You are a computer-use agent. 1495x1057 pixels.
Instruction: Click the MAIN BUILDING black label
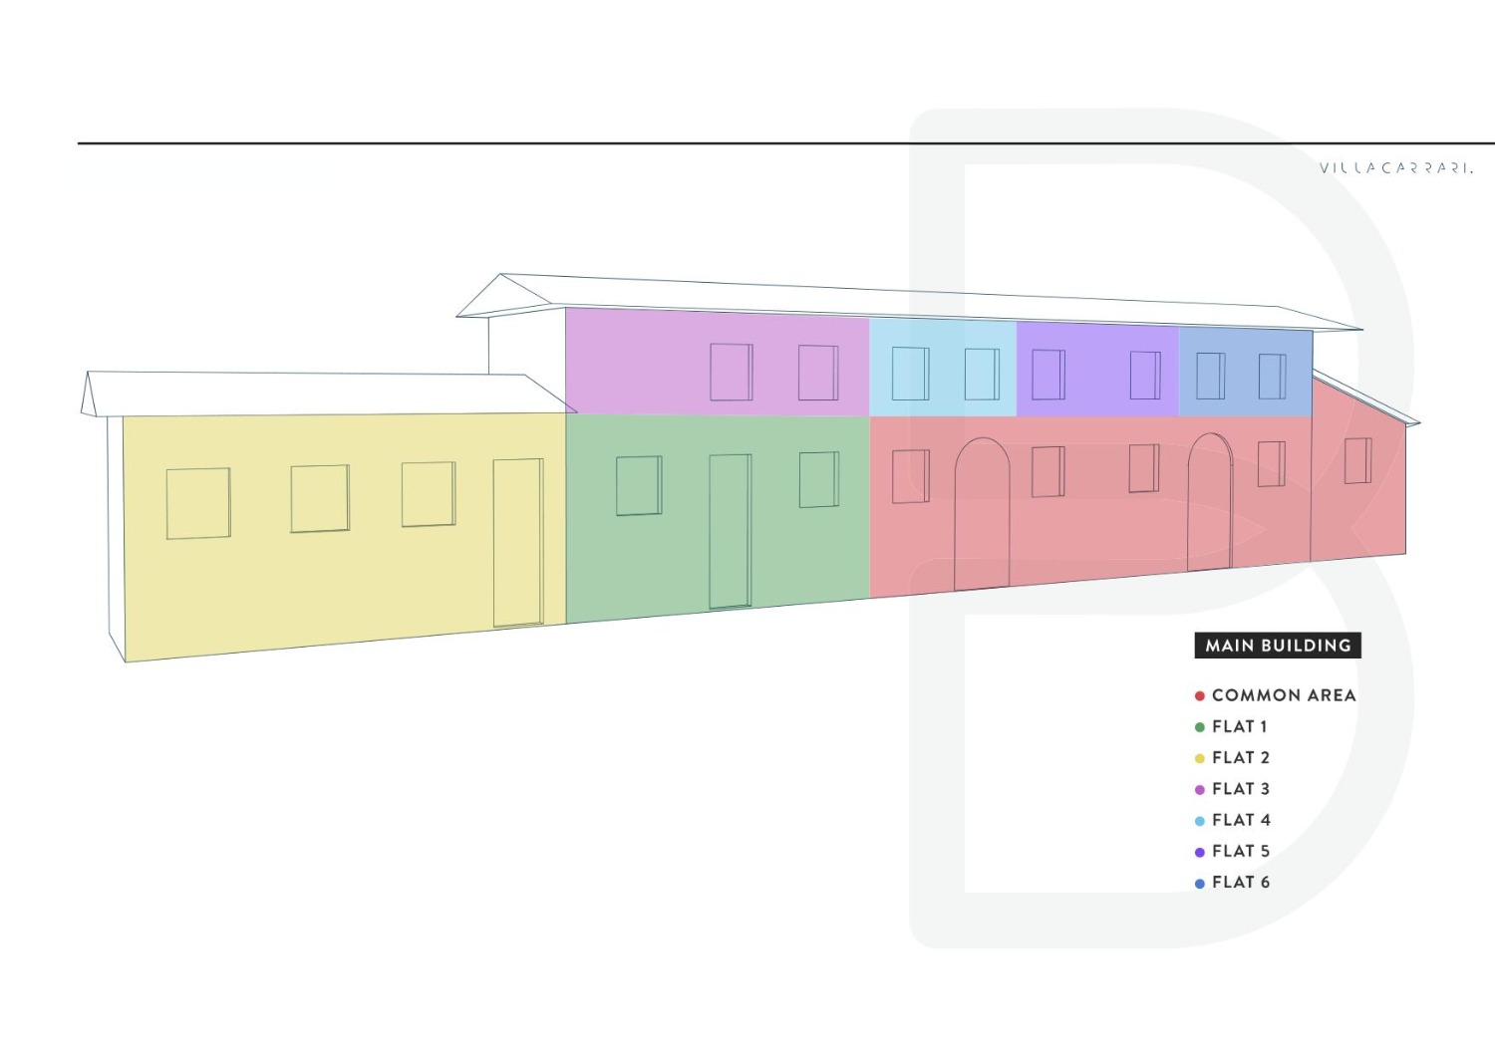point(1278,646)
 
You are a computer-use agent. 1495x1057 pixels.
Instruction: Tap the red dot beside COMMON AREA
point(1199,696)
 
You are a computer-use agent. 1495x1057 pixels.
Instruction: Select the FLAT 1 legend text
point(1240,726)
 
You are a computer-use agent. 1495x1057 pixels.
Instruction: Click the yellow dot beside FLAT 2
point(1199,758)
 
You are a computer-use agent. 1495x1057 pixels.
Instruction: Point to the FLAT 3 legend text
point(1241,789)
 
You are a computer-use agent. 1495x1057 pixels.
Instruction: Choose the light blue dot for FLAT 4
point(1199,821)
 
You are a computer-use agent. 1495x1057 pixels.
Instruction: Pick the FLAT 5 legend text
point(1241,851)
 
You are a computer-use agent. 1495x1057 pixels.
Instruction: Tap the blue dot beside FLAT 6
point(1199,884)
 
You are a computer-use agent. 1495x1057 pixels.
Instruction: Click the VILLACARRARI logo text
point(1396,168)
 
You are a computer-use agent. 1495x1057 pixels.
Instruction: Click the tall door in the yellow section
point(518,543)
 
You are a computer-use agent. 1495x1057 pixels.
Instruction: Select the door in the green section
point(731,532)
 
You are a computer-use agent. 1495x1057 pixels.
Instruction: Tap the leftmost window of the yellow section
point(198,503)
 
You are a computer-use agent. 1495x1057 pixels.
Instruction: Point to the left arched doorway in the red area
point(982,514)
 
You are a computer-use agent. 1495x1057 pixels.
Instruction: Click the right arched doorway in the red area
point(1210,502)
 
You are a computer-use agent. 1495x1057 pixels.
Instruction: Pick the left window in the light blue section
point(910,374)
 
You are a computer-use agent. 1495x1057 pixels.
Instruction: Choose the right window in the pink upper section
point(818,373)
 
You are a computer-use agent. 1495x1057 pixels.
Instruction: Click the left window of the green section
point(639,486)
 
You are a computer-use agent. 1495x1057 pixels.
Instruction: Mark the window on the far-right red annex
point(1358,460)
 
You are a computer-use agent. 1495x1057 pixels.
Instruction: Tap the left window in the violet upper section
point(1048,375)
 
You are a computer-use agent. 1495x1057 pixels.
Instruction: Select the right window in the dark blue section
point(1272,377)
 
